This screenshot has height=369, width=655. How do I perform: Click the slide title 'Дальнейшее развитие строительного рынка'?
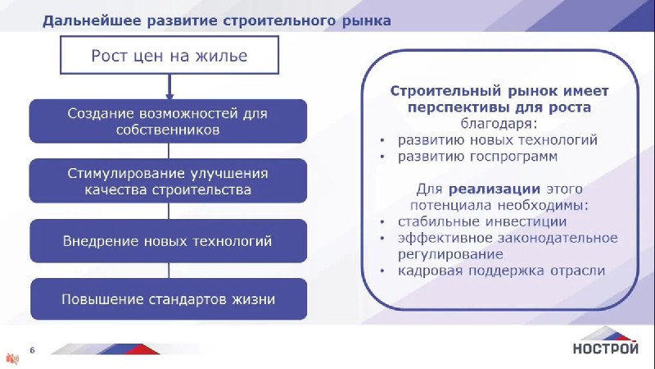217,21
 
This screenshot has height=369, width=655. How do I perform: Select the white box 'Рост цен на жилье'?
169,55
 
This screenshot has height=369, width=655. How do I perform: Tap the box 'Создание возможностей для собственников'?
168,121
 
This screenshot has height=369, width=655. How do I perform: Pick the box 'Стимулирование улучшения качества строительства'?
168,181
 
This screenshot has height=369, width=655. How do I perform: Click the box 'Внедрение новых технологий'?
168,241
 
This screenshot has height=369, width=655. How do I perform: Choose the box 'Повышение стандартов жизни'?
169,299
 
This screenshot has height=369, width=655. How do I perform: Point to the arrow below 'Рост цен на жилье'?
169,87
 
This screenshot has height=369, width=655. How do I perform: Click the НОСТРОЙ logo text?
605,348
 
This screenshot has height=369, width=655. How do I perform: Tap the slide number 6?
32,350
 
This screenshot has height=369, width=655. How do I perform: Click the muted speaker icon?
12,358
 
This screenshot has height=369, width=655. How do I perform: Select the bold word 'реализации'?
495,189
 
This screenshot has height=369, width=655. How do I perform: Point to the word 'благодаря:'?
499,124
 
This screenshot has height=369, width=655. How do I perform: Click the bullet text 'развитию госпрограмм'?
477,157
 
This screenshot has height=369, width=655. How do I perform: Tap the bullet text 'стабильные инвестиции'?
482,221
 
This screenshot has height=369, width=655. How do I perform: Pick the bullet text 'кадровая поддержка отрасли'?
501,271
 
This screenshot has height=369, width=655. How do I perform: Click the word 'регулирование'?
450,254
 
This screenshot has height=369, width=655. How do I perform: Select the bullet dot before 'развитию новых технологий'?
382,140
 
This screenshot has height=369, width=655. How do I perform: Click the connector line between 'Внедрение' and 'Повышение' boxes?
169,271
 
